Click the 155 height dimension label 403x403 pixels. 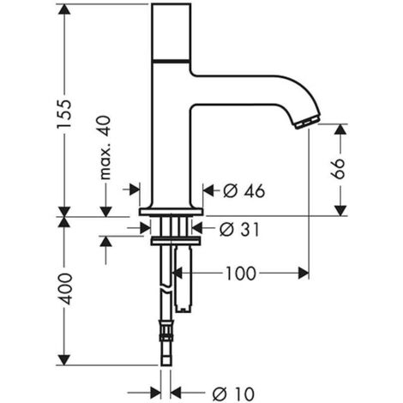pyautogui.click(x=63, y=114)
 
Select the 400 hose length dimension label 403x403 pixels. pyautogui.click(x=64, y=289)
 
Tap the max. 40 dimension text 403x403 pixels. pyautogui.click(x=105, y=147)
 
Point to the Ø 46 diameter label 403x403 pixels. pyautogui.click(x=244, y=190)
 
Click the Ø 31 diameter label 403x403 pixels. pyautogui.click(x=239, y=229)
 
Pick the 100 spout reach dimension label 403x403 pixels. pyautogui.click(x=241, y=274)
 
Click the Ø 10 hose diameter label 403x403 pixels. pyautogui.click(x=233, y=394)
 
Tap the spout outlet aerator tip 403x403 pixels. pyautogui.click(x=307, y=122)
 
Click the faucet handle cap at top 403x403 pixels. pyautogui.click(x=171, y=33)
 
